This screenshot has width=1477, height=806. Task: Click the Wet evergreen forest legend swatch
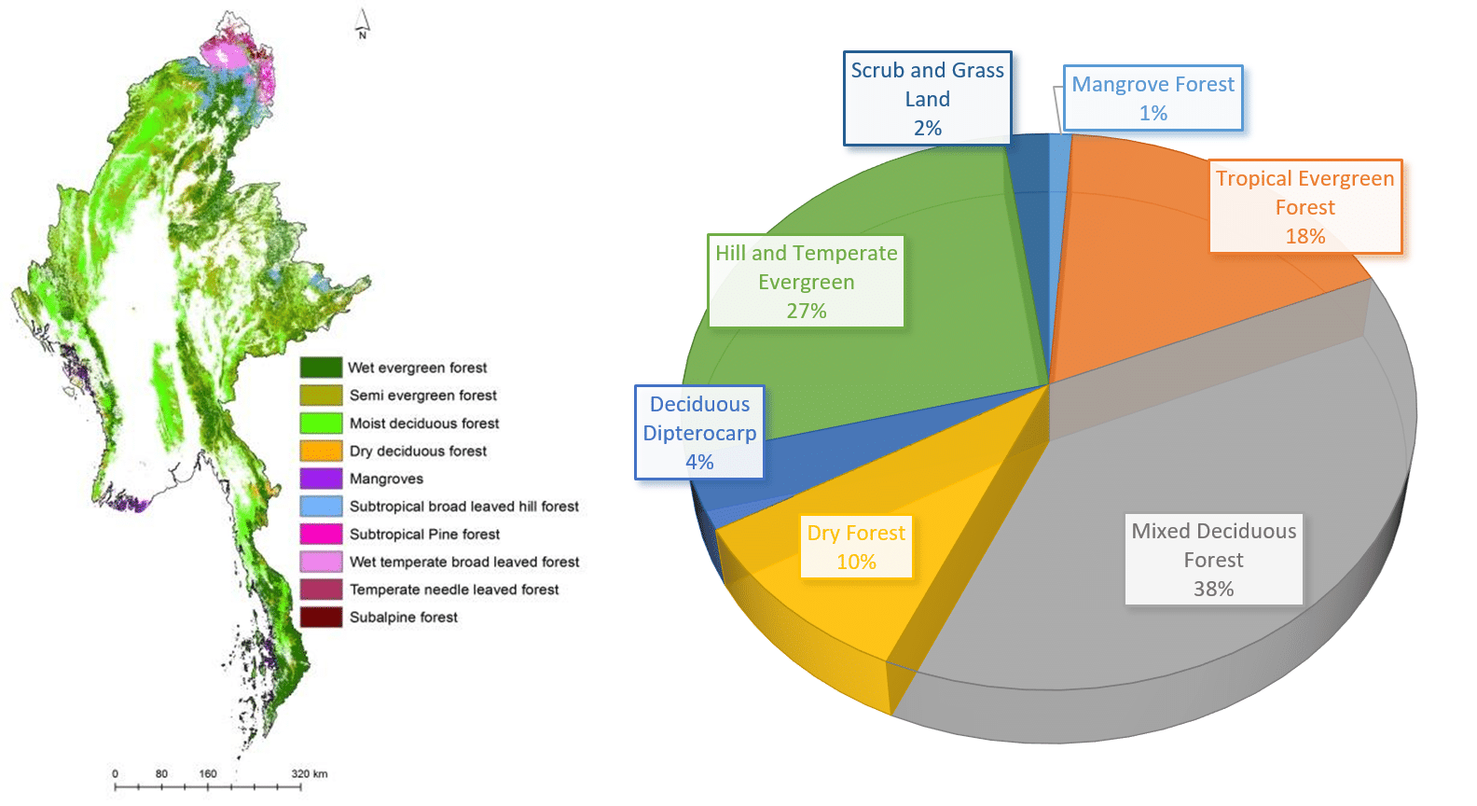click(x=321, y=368)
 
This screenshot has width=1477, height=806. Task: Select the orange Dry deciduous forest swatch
click(x=321, y=451)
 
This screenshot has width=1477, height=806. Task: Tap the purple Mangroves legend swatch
click(x=321, y=479)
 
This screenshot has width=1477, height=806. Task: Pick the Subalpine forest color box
click(x=321, y=617)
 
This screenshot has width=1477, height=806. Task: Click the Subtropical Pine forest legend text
click(x=424, y=535)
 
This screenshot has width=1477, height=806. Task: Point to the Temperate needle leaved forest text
click(x=454, y=590)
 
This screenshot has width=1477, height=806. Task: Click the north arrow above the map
click(x=363, y=24)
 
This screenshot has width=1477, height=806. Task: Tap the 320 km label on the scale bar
click(x=309, y=773)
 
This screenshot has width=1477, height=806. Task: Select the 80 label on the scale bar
click(x=161, y=773)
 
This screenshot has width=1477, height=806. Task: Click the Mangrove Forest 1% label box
click(x=1153, y=98)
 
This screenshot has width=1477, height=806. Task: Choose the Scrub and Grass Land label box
click(x=927, y=99)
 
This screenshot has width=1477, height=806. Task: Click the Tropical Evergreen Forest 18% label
click(x=1304, y=207)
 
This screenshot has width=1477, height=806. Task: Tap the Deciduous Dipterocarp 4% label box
click(x=699, y=433)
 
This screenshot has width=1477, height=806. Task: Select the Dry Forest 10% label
click(x=855, y=547)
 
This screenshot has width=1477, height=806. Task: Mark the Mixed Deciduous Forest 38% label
click(x=1213, y=559)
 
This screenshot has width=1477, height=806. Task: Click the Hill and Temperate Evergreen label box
click(x=806, y=281)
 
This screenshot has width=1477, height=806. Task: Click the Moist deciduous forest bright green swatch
click(x=321, y=423)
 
